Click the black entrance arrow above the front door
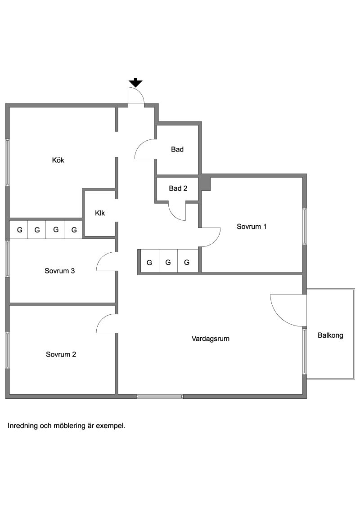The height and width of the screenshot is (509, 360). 135,82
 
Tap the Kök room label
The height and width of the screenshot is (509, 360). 58,160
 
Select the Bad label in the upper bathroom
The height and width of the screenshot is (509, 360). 177,149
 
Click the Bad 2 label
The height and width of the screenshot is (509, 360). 178,188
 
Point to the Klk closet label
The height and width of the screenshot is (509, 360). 100,213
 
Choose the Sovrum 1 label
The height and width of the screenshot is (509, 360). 252,227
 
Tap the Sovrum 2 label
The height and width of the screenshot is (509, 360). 61,354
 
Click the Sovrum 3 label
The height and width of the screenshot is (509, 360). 60,271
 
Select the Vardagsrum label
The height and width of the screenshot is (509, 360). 211,339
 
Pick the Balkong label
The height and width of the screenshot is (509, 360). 330,335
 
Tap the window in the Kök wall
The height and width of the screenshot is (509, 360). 8,162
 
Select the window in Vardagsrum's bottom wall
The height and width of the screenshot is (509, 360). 160,396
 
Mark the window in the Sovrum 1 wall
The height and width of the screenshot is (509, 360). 305,226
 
